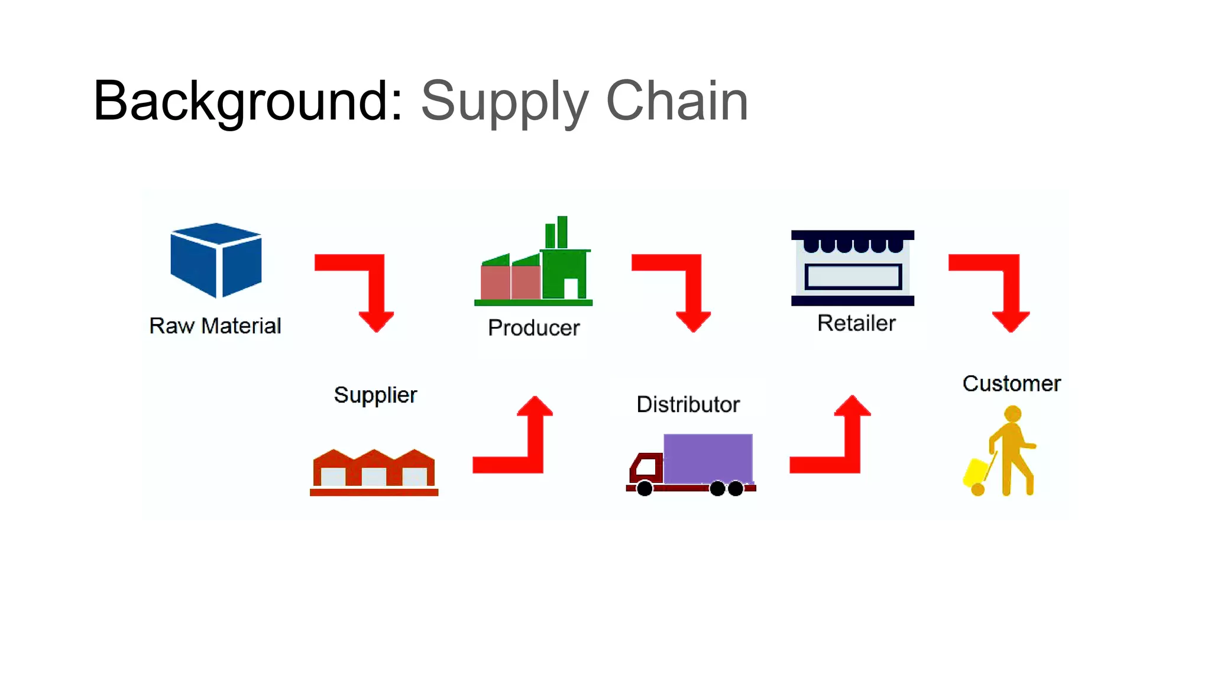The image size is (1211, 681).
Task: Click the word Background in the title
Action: (x=247, y=101)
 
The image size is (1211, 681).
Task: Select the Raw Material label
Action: (x=215, y=326)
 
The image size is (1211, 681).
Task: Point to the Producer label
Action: (x=533, y=327)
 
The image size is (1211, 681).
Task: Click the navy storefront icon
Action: (x=853, y=268)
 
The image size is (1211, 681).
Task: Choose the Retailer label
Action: (x=856, y=323)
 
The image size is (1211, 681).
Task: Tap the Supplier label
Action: (x=375, y=395)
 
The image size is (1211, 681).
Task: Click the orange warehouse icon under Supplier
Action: (x=374, y=472)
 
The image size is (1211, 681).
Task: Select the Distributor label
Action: (x=688, y=404)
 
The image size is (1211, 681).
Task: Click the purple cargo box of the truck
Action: (x=708, y=458)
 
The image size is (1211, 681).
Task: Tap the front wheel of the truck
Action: (x=645, y=488)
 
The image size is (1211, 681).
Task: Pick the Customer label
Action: (x=1011, y=384)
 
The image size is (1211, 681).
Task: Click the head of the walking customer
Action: (x=1013, y=414)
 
